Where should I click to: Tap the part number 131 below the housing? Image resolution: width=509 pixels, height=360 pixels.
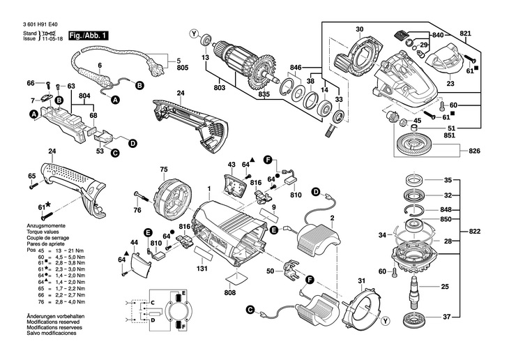202,269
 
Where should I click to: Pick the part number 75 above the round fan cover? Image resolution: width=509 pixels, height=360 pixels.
164,170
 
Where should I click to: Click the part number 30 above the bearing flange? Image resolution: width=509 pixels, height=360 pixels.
359,29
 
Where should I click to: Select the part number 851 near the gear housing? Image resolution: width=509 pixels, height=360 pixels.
452,137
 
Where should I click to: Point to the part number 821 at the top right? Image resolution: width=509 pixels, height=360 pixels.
466,33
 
